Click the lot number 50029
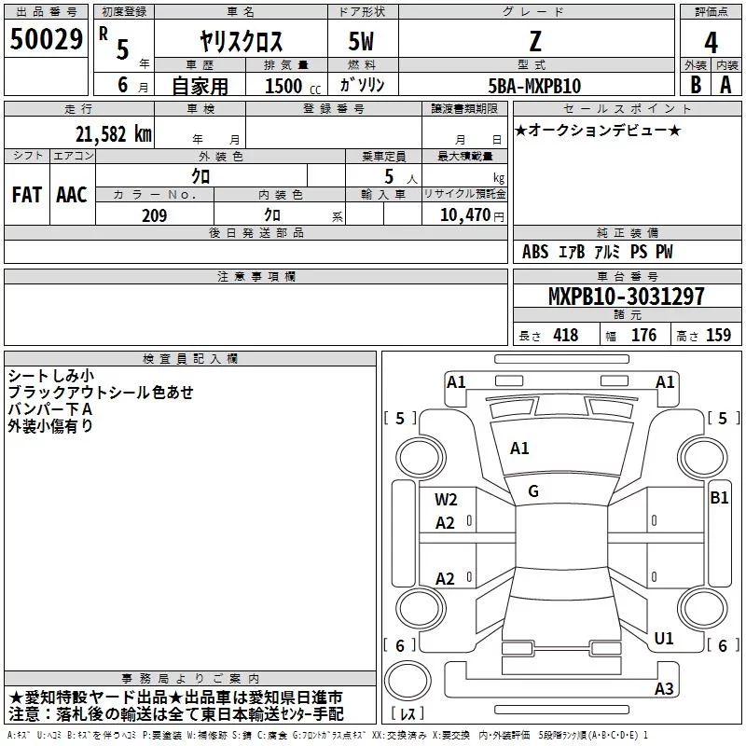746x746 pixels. (x=46, y=39)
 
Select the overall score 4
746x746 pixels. (x=711, y=42)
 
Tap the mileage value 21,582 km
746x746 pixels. (x=113, y=134)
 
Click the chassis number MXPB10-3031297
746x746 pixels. (x=626, y=296)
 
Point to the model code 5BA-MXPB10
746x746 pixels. (x=534, y=86)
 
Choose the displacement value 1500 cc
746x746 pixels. (x=293, y=86)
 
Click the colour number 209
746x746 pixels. (x=154, y=215)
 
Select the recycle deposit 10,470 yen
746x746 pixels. (x=472, y=215)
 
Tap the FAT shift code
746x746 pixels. (x=27, y=195)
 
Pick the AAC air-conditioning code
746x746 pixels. (x=72, y=195)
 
